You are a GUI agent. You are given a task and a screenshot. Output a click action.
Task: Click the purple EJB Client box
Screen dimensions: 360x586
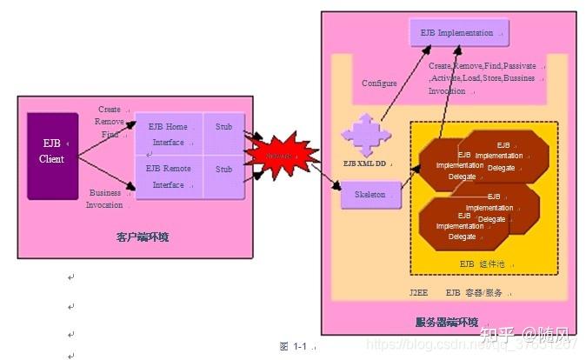click(52, 152)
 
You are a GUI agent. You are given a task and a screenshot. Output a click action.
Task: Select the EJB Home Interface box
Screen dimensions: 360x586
click(169, 134)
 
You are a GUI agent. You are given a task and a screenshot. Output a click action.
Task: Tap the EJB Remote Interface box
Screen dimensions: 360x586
click(169, 177)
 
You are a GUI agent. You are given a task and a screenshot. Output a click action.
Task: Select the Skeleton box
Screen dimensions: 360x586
click(370, 195)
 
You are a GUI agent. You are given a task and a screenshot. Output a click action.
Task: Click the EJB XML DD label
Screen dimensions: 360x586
click(363, 163)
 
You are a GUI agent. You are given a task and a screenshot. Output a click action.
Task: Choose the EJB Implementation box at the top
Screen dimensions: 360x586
click(458, 33)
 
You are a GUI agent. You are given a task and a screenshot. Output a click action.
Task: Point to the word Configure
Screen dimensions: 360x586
click(379, 83)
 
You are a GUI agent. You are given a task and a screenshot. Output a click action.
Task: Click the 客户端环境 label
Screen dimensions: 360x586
click(142, 237)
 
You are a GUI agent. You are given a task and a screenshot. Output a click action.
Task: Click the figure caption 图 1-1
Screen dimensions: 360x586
click(295, 346)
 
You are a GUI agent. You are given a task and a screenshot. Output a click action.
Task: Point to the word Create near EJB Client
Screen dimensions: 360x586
click(110, 110)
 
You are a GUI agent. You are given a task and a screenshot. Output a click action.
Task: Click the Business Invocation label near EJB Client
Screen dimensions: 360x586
click(105, 199)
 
